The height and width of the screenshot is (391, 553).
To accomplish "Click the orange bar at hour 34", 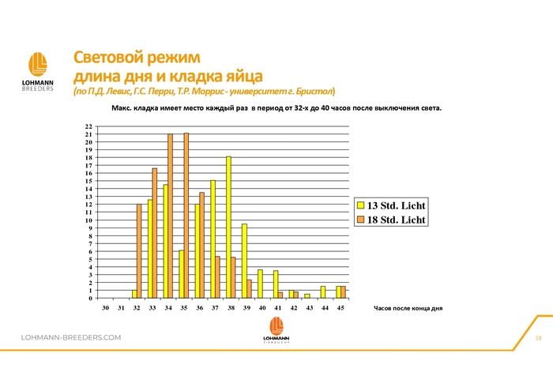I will tap(170, 216).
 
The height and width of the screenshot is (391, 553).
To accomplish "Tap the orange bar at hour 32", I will tap(139, 251).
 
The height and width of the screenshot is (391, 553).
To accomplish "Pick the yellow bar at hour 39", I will tap(244, 261).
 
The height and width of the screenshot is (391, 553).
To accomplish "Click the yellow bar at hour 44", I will tap(322, 292).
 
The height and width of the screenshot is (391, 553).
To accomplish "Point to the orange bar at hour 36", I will tap(201, 246).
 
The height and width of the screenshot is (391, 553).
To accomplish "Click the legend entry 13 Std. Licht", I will tap(390, 205).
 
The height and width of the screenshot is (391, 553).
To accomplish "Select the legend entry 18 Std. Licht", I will tap(390, 220).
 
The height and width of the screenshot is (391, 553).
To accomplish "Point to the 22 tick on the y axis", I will tap(88, 126).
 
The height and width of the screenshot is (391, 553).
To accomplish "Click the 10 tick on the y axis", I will tap(88, 220).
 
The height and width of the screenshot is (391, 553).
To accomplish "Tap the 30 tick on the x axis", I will tap(105, 308).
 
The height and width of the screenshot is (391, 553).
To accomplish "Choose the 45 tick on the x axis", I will tap(340, 308).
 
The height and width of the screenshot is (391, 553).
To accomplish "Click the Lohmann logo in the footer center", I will tap(276, 330).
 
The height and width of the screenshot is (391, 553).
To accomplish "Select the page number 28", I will tap(538, 338).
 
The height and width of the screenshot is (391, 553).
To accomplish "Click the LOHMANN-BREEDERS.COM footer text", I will tap(71, 337).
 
